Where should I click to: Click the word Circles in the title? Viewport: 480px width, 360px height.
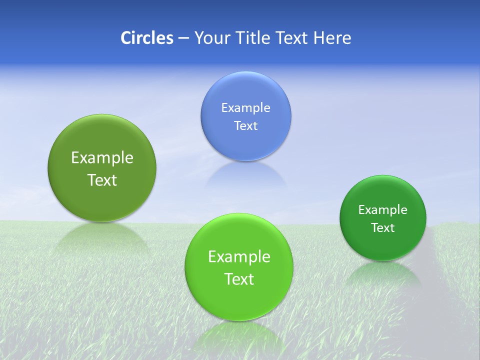pyautogui.click(x=146, y=38)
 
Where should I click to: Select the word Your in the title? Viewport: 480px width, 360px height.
pyautogui.click(x=211, y=38)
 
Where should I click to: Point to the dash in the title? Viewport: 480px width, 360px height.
pyautogui.click(x=183, y=38)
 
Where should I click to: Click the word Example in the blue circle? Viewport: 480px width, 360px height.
pyautogui.click(x=246, y=107)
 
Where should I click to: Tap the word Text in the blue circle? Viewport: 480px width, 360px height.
pyautogui.click(x=246, y=125)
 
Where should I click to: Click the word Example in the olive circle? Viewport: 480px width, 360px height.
pyautogui.click(x=102, y=158)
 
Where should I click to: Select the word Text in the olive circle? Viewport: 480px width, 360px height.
pyautogui.click(x=102, y=180)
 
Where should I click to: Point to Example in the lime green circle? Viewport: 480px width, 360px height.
pyautogui.click(x=239, y=257)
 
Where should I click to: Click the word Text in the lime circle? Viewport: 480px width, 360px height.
pyautogui.click(x=239, y=279)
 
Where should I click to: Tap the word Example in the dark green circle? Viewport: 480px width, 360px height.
pyautogui.click(x=383, y=210)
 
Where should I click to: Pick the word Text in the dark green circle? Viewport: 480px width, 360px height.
pyautogui.click(x=383, y=228)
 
